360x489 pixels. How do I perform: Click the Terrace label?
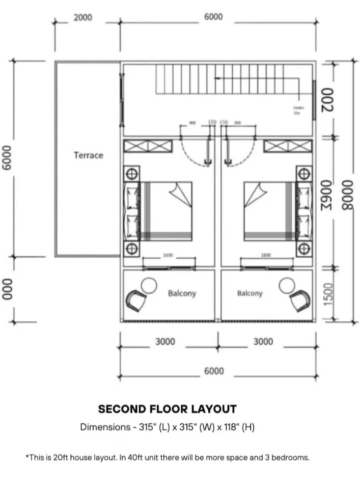click(88, 155)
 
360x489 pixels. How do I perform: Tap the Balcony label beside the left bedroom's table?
click(182, 293)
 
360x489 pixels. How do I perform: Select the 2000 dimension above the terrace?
click(82, 17)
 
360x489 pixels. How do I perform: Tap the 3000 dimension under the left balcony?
click(165, 342)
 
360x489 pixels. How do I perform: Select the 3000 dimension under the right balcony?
click(263, 342)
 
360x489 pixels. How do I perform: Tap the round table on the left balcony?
click(149, 286)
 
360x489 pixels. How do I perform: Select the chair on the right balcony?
click(299, 301)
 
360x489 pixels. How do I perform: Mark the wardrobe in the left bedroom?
click(148, 146)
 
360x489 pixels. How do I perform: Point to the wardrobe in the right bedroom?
click(287, 146)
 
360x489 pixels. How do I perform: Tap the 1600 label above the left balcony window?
click(168, 255)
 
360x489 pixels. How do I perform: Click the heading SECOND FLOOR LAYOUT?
click(167, 409)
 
